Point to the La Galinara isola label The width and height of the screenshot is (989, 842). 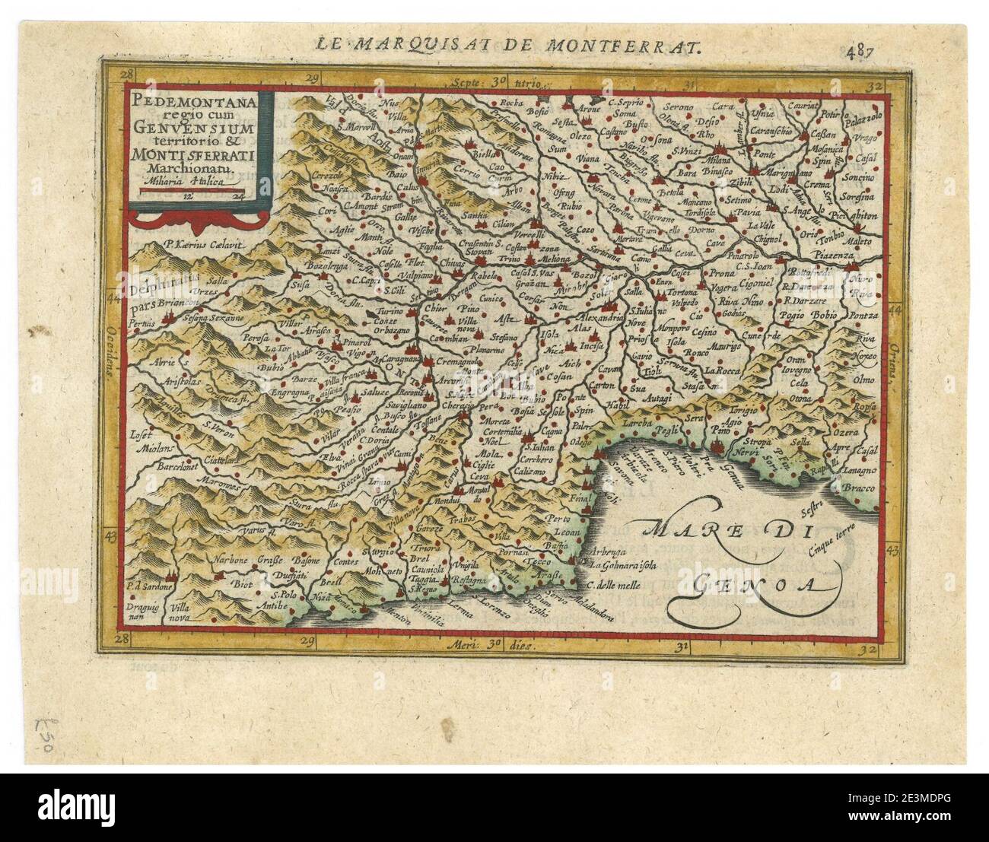pyautogui.click(x=624, y=565)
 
